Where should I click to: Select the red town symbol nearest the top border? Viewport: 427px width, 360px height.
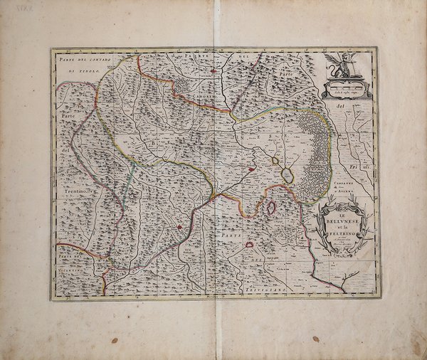213,71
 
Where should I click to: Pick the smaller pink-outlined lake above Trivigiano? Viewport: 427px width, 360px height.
249,245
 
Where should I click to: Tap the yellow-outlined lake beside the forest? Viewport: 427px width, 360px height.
288,174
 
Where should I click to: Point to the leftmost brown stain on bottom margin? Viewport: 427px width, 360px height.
114,340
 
